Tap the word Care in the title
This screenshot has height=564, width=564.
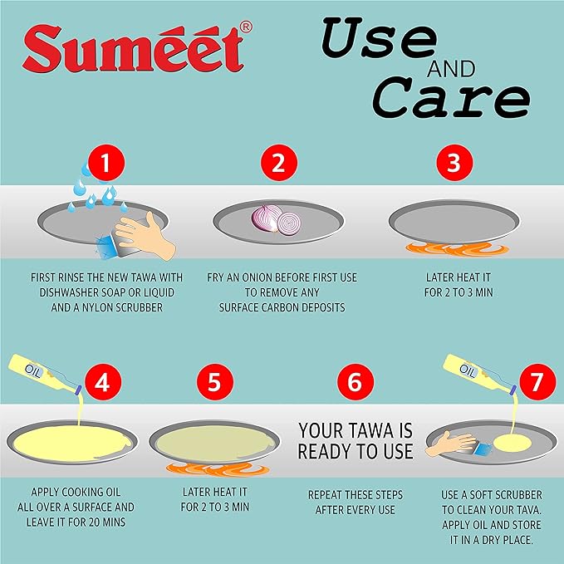coord(449,98)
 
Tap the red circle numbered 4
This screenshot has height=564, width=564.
coord(102,382)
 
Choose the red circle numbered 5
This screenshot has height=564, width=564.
coord(214,382)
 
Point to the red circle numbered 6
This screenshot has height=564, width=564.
coord(355,382)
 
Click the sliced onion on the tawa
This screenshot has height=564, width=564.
coord(279,220)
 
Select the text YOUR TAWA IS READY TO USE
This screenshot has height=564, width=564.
coord(355,441)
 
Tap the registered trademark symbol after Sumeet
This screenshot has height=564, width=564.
coord(246,27)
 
